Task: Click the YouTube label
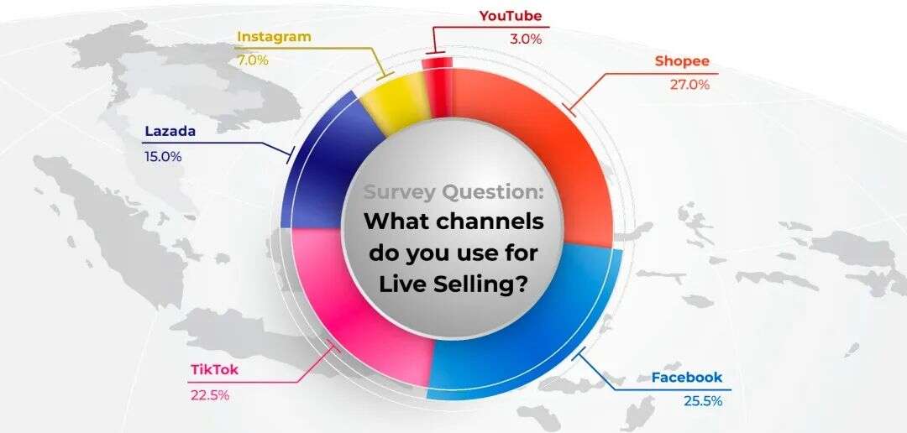[511, 16]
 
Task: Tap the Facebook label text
[687, 378]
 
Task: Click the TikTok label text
[214, 370]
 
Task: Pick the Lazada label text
[170, 131]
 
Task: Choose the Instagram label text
[274, 36]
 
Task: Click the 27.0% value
[689, 85]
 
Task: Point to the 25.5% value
[703, 400]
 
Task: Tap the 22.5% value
[210, 395]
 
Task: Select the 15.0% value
[163, 156]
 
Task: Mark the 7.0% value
[253, 60]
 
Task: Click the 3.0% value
[526, 39]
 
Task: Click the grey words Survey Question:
[453, 192]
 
